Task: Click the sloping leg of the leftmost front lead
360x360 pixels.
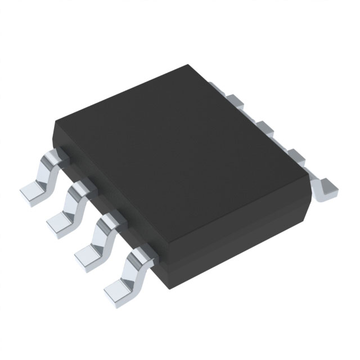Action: pos(47,172)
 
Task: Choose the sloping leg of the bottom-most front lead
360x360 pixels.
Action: pos(130,267)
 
